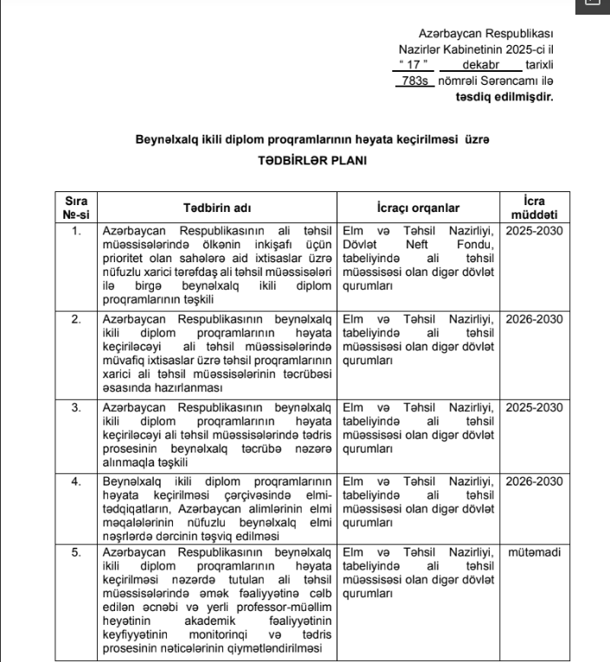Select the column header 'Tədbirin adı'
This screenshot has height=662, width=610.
pos(218,208)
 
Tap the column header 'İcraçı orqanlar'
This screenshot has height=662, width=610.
pos(418,208)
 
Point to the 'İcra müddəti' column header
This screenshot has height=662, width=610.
pos(534,208)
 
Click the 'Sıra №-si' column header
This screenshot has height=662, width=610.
pos(76,208)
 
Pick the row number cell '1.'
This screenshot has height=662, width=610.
pos(76,231)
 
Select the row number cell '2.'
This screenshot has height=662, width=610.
pos(76,319)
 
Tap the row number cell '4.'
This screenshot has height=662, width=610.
pos(76,481)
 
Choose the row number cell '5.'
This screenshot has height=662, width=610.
pos(76,551)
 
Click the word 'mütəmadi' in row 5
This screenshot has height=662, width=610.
pos(534,551)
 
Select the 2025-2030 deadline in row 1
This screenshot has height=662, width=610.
pos(534,231)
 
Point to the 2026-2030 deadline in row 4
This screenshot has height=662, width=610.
pos(534,481)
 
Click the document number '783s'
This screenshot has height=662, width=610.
pos(412,80)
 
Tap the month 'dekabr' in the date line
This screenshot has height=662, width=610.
pos(480,65)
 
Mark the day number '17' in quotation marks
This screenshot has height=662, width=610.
pos(414,65)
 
